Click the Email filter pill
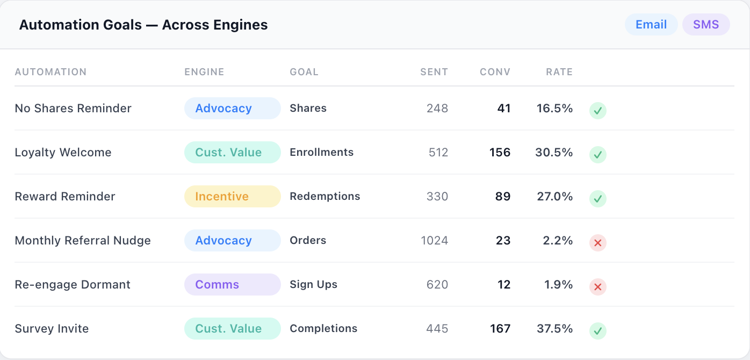pos(651,25)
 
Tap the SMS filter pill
pos(705,25)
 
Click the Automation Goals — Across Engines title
pos(143,25)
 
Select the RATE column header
pos(559,72)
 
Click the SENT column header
pos(434,72)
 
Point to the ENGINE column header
pos(204,72)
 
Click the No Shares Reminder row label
pos(73,109)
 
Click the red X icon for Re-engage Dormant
pos(598,287)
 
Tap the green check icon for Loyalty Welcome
pos(598,155)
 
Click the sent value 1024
pos(435,241)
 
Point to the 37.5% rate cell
pos(555,329)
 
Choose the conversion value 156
pos(500,153)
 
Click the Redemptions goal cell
pos(325,197)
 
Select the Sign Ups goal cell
pos(314,285)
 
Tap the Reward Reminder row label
pos(65,197)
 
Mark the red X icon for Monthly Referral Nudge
pos(598,243)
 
